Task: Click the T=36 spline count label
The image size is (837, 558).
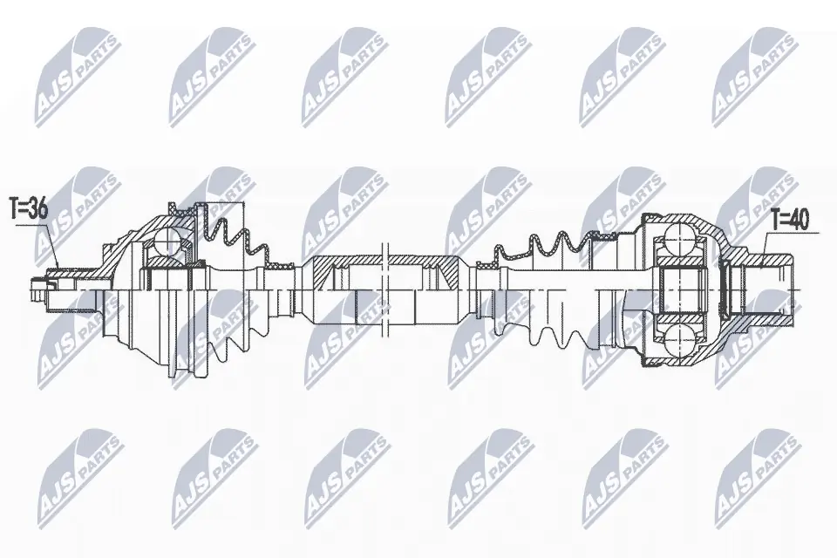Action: coord(29,208)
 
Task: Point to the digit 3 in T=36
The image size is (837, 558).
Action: coord(34,208)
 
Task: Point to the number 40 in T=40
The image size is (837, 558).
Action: coord(798,221)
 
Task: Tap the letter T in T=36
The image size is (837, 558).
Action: coord(13,208)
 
